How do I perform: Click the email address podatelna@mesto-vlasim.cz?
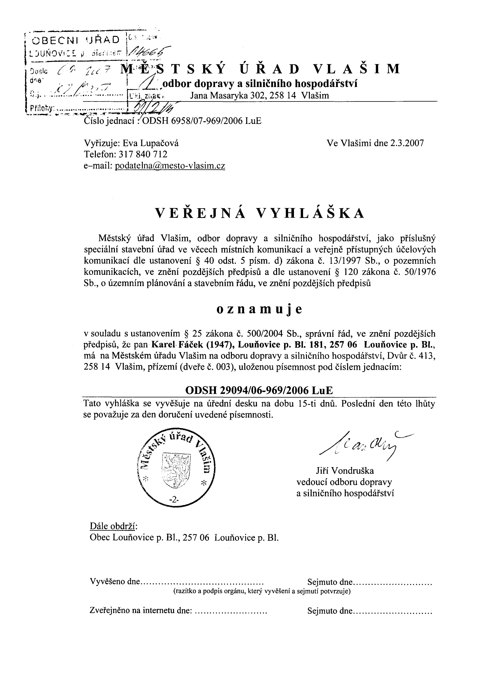[170, 166]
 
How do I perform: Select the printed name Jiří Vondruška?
[345, 471]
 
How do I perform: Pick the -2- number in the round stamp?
[173, 500]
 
